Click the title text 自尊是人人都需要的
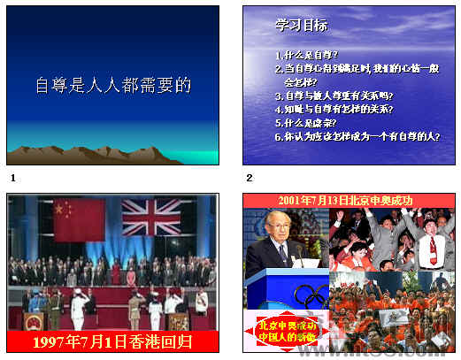pos(112,86)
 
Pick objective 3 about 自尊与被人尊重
pos(334,96)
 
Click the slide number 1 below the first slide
pos(12,178)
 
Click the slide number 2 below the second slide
pos(250,178)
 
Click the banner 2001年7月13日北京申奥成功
pos(345,201)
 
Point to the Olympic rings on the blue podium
pos(309,295)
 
